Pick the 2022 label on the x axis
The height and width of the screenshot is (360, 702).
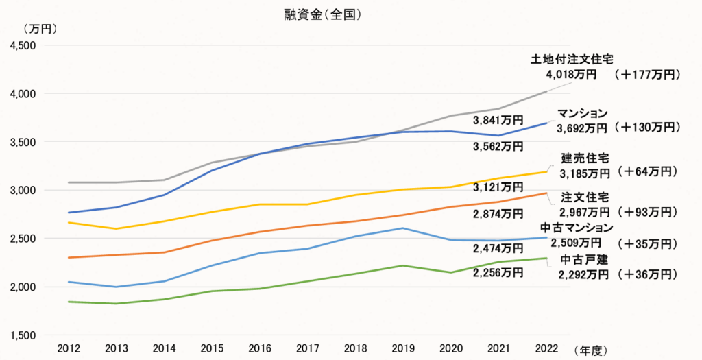[546, 348]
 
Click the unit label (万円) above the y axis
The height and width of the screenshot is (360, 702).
[40, 29]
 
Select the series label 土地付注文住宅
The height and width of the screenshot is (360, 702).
[573, 60]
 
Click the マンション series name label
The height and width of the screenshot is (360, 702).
[582, 113]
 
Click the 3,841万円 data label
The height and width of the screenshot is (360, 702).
[498, 121]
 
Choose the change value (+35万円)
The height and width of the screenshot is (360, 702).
[646, 243]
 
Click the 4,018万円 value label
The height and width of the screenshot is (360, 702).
[571, 74]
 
